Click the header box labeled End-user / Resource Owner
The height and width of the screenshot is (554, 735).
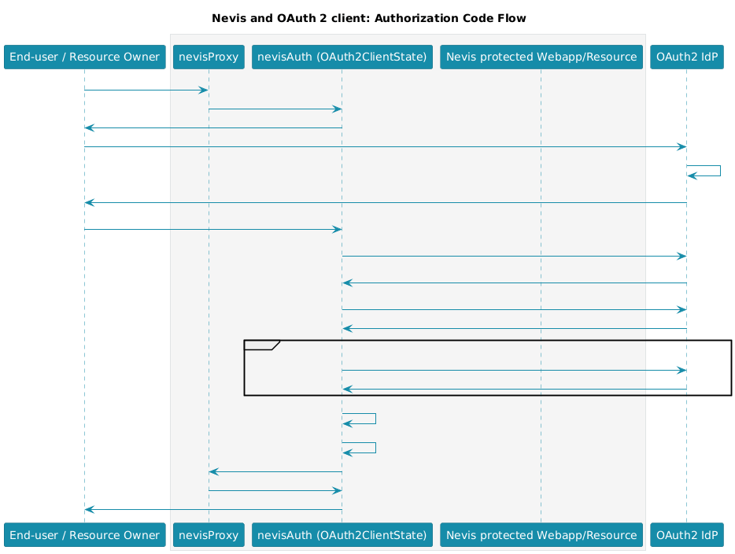pyautogui.click(x=85, y=57)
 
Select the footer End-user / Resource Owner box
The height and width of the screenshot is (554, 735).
pyautogui.click(x=85, y=535)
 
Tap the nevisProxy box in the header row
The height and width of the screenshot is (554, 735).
pyautogui.click(x=209, y=57)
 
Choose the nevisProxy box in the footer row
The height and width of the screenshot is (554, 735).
pyautogui.click(x=209, y=535)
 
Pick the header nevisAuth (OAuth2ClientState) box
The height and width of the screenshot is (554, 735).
pyautogui.click(x=342, y=57)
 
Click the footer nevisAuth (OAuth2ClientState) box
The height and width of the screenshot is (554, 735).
pyautogui.click(x=342, y=535)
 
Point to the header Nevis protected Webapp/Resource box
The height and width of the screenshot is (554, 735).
pyautogui.click(x=541, y=57)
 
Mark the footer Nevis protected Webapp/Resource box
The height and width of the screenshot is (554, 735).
pyautogui.click(x=541, y=535)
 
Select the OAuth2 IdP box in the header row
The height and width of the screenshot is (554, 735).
pyautogui.click(x=687, y=57)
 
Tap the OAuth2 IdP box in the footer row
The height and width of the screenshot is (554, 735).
pyautogui.click(x=687, y=535)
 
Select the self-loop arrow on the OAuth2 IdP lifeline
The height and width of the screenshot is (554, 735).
pyautogui.click(x=721, y=171)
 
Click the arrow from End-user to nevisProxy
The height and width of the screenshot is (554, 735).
pyautogui.click(x=146, y=90)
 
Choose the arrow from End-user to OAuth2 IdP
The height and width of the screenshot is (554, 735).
pyautogui.click(x=386, y=146)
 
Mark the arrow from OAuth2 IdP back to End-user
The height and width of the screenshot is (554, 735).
pyautogui.click(x=386, y=202)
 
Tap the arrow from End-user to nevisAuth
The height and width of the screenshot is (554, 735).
pyautogui.click(x=213, y=229)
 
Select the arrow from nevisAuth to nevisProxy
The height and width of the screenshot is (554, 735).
pyautogui.click(x=275, y=471)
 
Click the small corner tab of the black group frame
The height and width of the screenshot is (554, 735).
pyautogui.click(x=261, y=345)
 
